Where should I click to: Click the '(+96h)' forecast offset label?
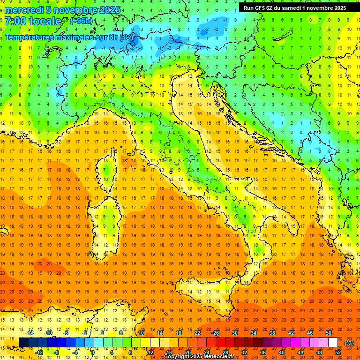coord(81,21)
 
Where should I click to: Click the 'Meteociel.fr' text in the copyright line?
coord(223,357)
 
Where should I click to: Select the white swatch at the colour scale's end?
coord(333,343)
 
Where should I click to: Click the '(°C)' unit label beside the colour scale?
coord(349,343)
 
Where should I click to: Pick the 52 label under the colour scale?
coord(338,352)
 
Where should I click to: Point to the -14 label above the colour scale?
coord(30,333)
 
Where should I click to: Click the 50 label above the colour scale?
coord(329,333)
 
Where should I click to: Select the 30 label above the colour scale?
coord(234,333)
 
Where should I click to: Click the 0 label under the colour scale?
coord(93,352)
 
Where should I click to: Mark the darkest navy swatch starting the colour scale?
coord(23,343)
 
